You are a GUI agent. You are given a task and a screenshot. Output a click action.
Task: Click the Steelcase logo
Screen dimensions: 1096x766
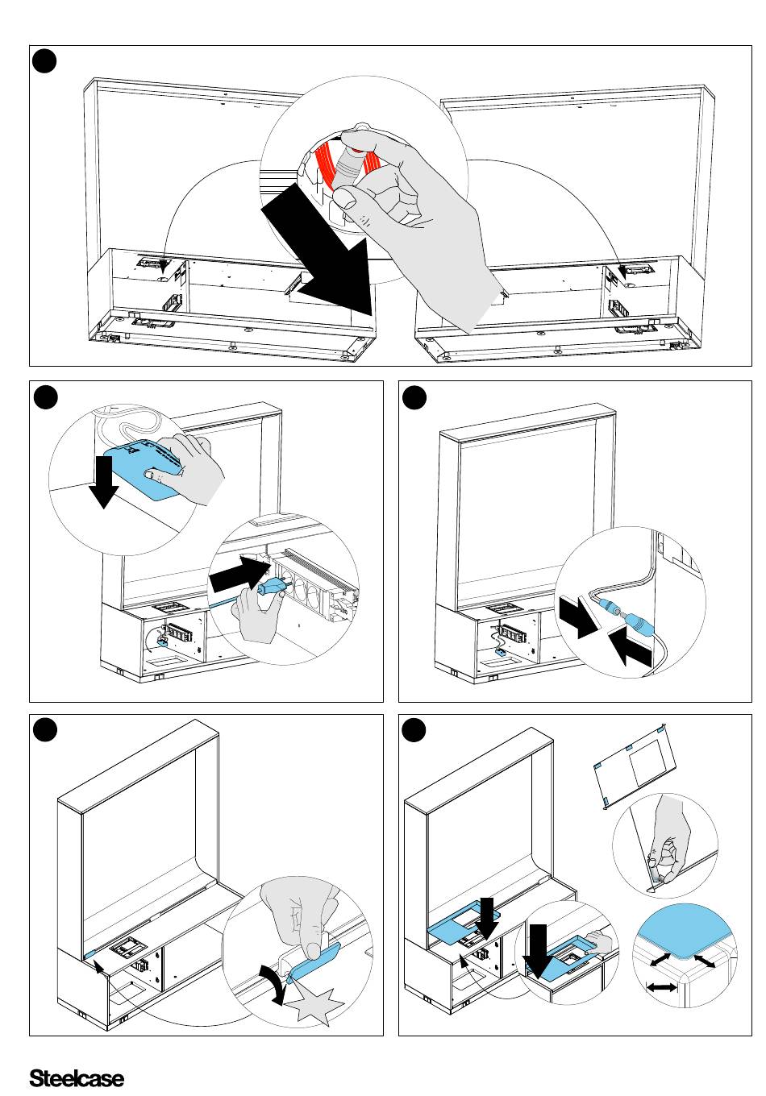click(x=77, y=1077)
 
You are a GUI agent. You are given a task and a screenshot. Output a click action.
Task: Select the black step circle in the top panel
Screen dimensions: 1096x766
click(x=44, y=60)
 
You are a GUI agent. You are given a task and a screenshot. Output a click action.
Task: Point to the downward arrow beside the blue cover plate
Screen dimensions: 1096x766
click(x=104, y=481)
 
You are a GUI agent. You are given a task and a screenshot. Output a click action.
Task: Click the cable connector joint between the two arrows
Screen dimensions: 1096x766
click(x=618, y=616)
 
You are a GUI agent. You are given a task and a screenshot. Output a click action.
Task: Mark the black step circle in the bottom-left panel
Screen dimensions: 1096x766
click(x=44, y=729)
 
